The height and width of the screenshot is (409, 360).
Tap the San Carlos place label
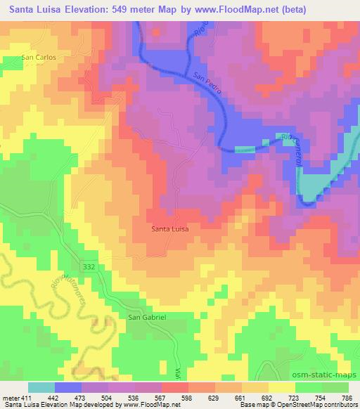tap(38, 57)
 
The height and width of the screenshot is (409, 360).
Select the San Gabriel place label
tap(146, 317)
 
